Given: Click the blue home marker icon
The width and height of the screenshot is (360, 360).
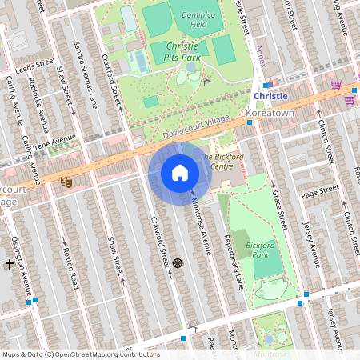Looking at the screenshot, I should pos(180,172).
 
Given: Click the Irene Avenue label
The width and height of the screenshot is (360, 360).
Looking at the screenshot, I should pos(55,141).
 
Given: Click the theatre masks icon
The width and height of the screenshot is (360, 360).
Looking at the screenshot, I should pos(67,182).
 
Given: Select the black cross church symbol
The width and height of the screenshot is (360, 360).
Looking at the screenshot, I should pos(10,263).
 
